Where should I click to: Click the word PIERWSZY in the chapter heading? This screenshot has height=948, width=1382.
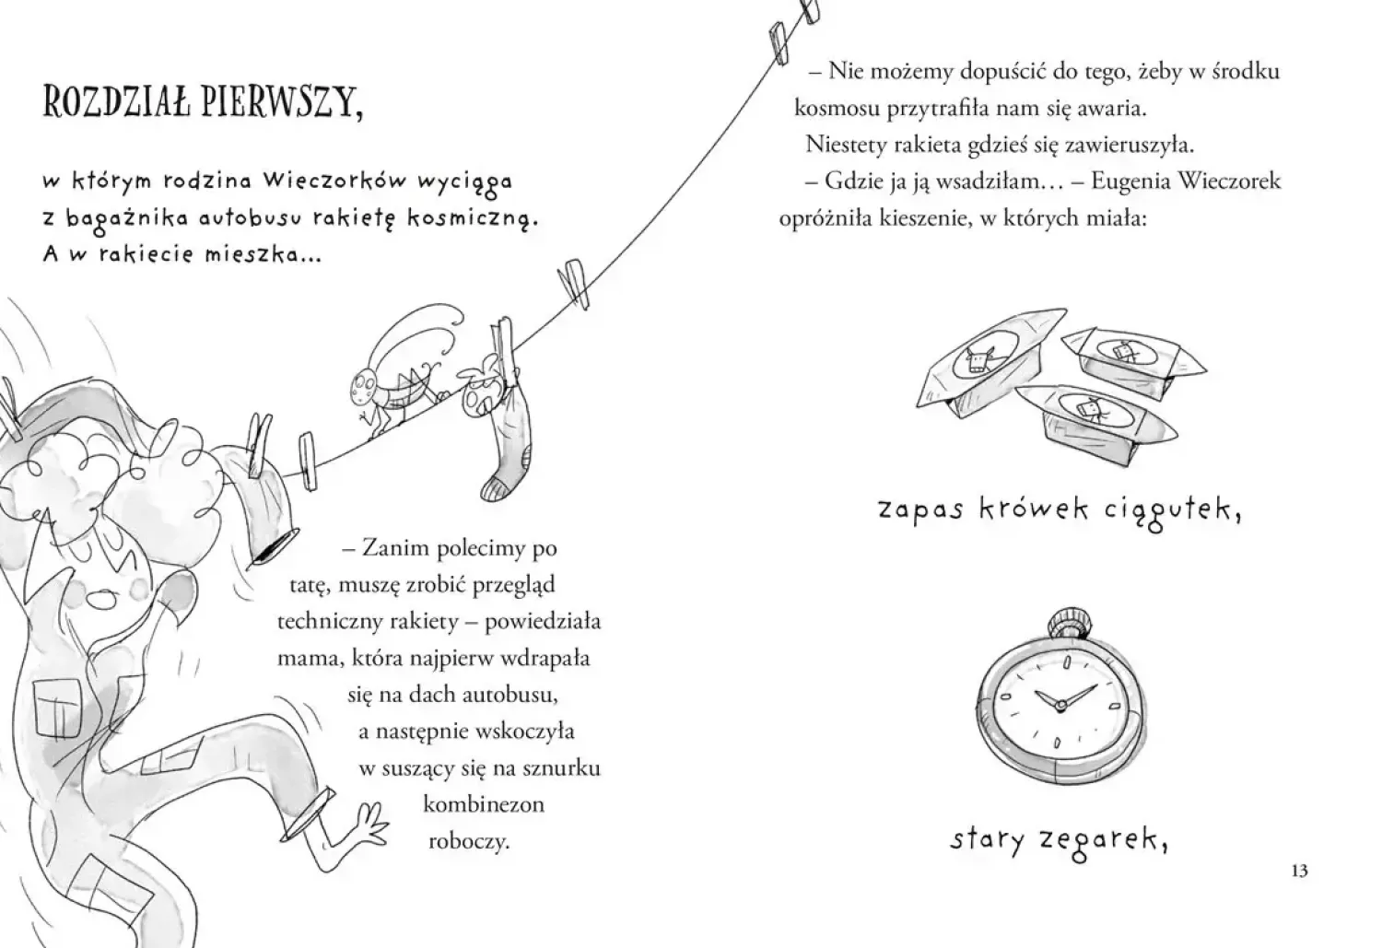click(282, 101)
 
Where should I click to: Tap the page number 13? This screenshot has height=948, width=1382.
click(1299, 871)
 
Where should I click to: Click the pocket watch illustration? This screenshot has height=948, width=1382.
click(1060, 696)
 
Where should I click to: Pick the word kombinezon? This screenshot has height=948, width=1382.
click(484, 804)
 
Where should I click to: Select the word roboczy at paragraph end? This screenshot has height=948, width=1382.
click(470, 842)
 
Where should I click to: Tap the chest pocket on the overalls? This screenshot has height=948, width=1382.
click(55, 708)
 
